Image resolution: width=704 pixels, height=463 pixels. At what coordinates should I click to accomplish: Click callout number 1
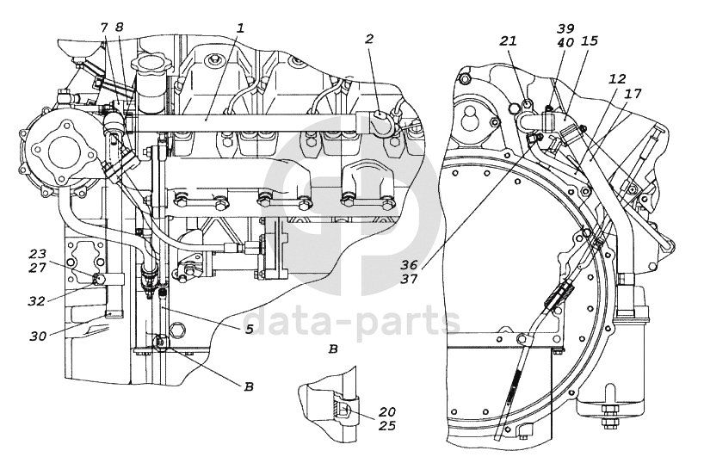click(240, 28)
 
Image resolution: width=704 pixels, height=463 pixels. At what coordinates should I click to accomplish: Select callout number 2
click(368, 39)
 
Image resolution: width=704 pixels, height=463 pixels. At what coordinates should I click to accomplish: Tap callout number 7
click(104, 27)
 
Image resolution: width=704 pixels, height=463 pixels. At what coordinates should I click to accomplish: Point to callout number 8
click(119, 27)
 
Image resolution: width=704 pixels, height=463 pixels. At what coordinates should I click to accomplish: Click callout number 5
click(250, 329)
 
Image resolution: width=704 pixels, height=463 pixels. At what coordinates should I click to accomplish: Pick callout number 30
click(39, 336)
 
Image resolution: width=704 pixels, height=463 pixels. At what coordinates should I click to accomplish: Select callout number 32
click(37, 301)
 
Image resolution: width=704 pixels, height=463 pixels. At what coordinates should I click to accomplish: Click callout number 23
click(38, 254)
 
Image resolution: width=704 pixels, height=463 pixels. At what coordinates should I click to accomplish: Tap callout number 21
click(509, 40)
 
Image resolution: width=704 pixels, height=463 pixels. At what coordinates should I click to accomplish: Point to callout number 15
click(590, 40)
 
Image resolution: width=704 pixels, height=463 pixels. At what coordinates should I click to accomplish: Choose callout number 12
click(617, 79)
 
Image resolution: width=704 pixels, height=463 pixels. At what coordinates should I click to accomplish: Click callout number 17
click(633, 94)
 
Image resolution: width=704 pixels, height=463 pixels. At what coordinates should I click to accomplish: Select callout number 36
click(410, 264)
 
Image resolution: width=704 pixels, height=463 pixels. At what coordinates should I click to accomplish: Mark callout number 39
click(565, 28)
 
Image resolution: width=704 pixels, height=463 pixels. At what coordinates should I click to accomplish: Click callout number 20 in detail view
click(386, 412)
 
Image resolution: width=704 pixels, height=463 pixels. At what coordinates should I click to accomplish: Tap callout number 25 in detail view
click(386, 425)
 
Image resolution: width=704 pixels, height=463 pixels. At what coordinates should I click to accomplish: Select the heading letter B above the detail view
click(333, 349)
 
